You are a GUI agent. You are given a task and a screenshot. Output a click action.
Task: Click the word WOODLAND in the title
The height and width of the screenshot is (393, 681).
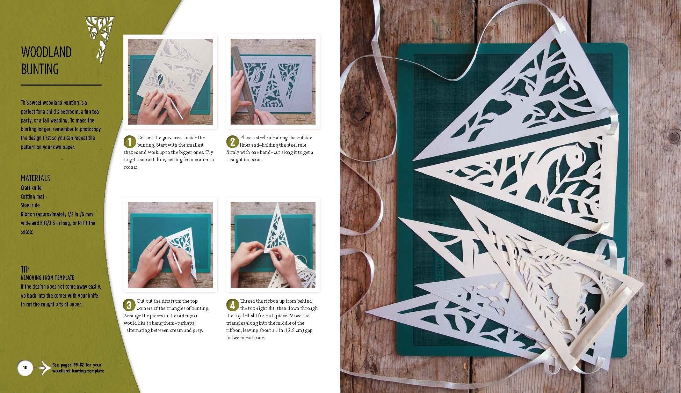(x=46, y=52)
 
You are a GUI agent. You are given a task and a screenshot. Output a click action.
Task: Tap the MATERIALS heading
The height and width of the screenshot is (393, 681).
(x=35, y=178)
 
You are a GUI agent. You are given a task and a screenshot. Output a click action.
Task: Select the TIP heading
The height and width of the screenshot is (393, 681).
(x=25, y=269)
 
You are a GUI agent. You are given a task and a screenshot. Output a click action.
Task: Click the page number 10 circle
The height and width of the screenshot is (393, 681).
(x=25, y=368)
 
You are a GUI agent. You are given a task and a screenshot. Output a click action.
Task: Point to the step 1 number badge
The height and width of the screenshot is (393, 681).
(x=130, y=142)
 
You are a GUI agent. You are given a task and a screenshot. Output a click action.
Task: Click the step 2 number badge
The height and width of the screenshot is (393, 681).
(x=232, y=142)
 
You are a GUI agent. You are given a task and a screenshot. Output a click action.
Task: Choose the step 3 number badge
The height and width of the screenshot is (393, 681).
(x=129, y=305)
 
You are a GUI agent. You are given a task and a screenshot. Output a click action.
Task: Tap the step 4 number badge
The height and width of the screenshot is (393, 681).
(x=232, y=305)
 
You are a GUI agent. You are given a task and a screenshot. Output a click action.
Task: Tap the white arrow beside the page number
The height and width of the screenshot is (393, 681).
(x=43, y=368)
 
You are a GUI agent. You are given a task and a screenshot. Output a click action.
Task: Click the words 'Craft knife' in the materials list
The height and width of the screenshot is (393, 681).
(x=31, y=188)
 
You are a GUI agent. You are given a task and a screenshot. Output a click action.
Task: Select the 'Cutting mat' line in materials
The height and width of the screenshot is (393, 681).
(x=32, y=196)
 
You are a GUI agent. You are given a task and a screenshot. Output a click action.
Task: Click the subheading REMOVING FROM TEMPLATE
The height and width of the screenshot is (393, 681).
(x=48, y=278)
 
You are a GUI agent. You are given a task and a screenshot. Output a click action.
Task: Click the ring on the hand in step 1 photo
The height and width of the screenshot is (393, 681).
(x=146, y=104)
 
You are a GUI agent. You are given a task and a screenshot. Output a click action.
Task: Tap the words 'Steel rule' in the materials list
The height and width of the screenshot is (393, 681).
(x=30, y=205)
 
